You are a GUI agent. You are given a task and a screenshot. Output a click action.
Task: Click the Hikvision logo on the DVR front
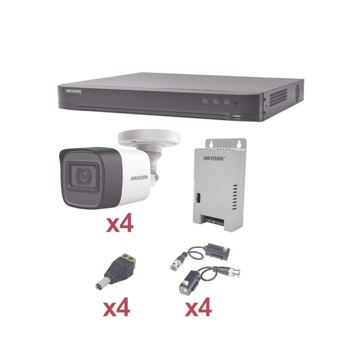pyautogui.click(x=74, y=92)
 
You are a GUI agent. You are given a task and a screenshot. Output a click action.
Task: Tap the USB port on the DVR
pyautogui.click(x=236, y=117)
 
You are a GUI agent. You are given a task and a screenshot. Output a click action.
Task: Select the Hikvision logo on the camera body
pyautogui.click(x=139, y=178)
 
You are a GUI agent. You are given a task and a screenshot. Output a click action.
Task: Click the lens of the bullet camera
pyautogui.click(x=84, y=176)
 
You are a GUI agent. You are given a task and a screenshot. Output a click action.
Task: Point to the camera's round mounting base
pyautogui.click(x=149, y=138)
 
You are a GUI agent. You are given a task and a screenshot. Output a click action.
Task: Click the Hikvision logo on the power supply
pyautogui.click(x=214, y=158)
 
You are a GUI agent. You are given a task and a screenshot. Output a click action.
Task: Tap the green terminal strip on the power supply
pyautogui.click(x=214, y=222)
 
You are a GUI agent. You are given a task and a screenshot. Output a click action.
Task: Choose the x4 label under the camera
pyautogui.click(x=120, y=223)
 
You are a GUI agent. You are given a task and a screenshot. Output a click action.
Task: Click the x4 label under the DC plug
pyautogui.click(x=116, y=307)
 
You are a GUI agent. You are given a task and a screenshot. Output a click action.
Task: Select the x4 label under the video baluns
pyautogui.click(x=199, y=307)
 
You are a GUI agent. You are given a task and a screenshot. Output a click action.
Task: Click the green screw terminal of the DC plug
pyautogui.click(x=129, y=260)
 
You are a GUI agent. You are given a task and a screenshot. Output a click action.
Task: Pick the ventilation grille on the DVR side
pyautogui.click(x=278, y=97)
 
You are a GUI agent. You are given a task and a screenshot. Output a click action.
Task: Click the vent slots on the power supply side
pyautogui.click(x=235, y=197)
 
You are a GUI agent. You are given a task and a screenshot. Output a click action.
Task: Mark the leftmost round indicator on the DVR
pyautogui.click(x=205, y=101)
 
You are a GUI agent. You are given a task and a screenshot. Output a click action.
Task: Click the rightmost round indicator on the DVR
pyautogui.click(x=227, y=102)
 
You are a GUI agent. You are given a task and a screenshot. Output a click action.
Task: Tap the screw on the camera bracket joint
pyautogui.click(x=157, y=177)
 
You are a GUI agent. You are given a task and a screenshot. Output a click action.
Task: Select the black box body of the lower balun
pyautogui.click(x=189, y=283)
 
